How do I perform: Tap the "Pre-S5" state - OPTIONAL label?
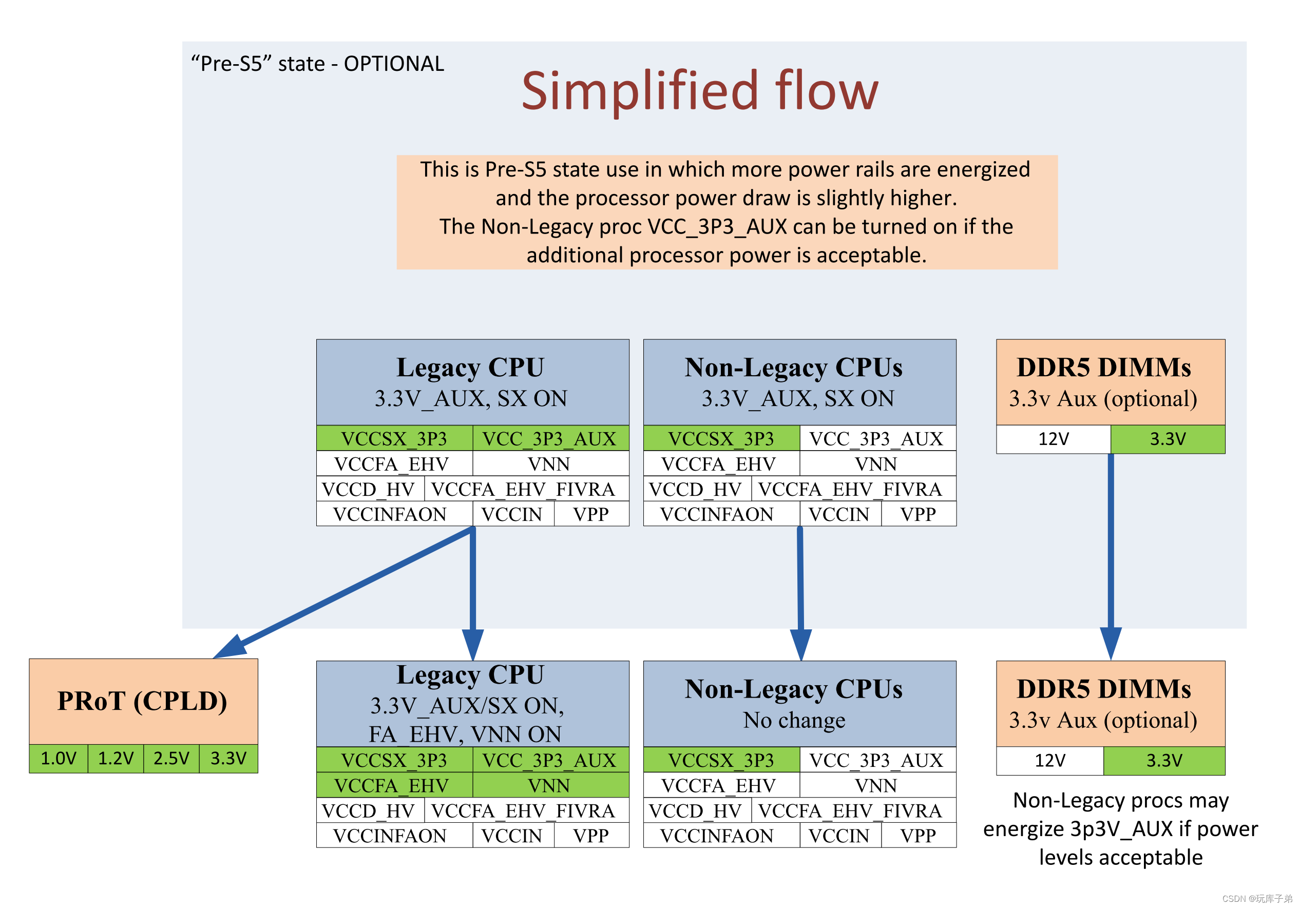317,64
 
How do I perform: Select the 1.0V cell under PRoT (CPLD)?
59,758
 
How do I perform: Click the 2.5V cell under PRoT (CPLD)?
171,758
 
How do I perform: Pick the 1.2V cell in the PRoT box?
116,758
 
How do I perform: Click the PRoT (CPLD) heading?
143,701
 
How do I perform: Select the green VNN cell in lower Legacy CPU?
549,785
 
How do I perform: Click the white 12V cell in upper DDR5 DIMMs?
1053,439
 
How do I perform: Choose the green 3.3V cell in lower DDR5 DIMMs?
1164,760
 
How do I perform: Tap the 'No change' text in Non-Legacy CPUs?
794,720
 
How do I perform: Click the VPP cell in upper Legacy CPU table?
590,514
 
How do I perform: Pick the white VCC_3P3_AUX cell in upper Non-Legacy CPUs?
876,439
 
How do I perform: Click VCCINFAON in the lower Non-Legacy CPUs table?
717,836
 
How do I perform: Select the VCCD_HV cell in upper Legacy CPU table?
369,489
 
